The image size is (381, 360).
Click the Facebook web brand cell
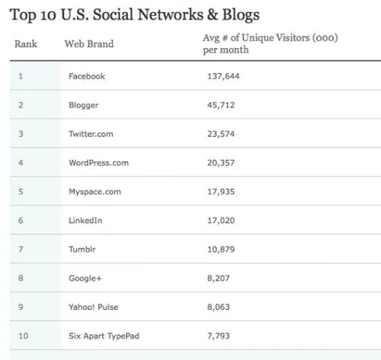point(87,76)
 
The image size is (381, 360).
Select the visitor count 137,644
point(224,76)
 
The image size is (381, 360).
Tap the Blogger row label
point(84,105)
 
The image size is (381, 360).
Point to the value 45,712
point(222,105)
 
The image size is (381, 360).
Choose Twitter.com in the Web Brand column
point(91,134)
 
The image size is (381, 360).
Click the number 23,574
point(222,134)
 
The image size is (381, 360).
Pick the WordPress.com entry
point(98,163)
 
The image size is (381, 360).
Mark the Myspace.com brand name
point(94,192)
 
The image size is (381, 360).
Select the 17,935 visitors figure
point(222,192)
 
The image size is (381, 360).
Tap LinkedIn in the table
point(85,221)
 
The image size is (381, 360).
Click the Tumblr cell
point(82,250)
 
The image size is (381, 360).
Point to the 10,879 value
point(222,250)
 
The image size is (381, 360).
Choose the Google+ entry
point(85,279)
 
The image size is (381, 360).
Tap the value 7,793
point(219,336)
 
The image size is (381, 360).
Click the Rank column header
point(26,44)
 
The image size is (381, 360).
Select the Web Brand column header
point(89,44)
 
